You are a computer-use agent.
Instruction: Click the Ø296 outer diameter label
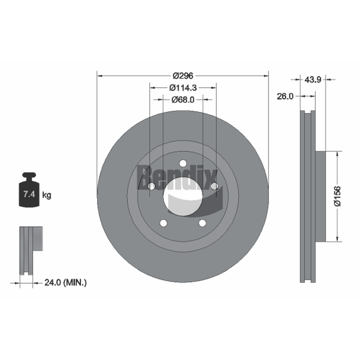point(183,76)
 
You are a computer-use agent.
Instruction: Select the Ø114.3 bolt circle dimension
point(183,87)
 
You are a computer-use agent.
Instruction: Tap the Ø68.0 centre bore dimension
point(183,99)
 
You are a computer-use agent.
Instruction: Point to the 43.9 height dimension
point(312,80)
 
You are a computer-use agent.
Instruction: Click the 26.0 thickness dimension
point(285,96)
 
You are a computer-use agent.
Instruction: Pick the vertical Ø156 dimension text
point(337,197)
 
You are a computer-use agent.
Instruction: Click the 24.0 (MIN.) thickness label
point(65,283)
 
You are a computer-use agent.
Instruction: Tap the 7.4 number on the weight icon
point(29,194)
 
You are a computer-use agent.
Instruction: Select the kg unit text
point(47,195)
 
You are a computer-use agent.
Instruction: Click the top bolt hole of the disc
point(183,163)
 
